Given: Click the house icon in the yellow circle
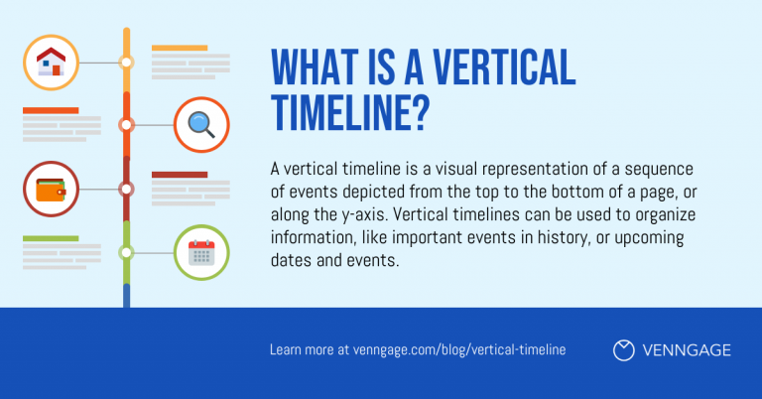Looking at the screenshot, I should (51, 63).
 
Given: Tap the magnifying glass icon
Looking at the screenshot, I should (201, 125).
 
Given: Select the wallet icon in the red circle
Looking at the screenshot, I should (51, 189).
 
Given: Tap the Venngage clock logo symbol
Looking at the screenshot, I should (624, 349).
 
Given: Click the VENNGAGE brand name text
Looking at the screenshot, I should (688, 349).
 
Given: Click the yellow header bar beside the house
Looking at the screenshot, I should (179, 48).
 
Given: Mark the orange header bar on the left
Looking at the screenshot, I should (51, 110).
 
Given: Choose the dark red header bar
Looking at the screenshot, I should (179, 174).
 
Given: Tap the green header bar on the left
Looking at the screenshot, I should (51, 238).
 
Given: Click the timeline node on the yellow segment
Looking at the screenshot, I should (126, 63).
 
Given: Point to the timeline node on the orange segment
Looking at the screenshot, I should (126, 125).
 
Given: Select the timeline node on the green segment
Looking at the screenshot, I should (126, 252).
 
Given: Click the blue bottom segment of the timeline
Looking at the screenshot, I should (126, 295).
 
